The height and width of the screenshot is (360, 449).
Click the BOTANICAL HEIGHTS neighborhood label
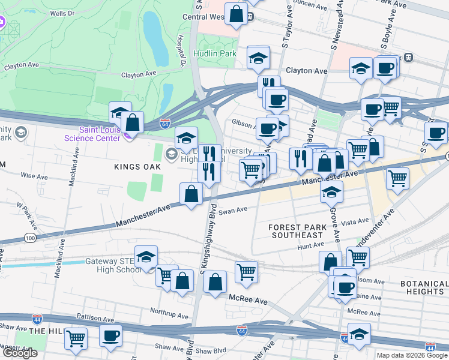point(415,287)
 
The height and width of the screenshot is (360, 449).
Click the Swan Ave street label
point(233,211)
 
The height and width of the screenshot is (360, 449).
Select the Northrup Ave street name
point(170,312)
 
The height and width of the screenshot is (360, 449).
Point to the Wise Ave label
point(35,176)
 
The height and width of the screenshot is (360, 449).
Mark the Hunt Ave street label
point(310,246)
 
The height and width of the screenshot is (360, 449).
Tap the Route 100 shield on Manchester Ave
point(28,238)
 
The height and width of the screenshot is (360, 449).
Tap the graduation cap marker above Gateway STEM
point(146,256)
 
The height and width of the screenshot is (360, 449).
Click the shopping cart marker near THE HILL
point(76,338)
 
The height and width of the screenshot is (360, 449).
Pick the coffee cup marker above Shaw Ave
point(110,336)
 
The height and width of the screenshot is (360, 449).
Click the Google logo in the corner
point(20,353)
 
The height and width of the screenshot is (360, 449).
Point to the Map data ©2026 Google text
point(411,355)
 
